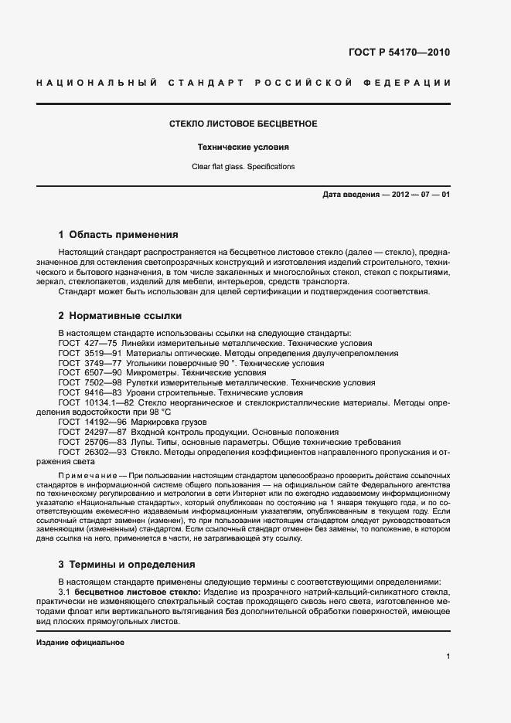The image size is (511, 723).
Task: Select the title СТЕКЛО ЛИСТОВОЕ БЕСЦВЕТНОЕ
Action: point(244,124)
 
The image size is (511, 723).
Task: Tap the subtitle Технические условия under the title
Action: point(244,146)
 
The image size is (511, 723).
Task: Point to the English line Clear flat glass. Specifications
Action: point(244,167)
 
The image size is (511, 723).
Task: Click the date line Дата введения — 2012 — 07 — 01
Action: point(386,194)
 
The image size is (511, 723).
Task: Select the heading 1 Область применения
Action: point(118,234)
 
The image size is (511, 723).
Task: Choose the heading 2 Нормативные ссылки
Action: point(120,315)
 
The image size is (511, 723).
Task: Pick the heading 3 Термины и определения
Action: point(127,564)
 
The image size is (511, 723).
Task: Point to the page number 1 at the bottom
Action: point(448,657)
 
